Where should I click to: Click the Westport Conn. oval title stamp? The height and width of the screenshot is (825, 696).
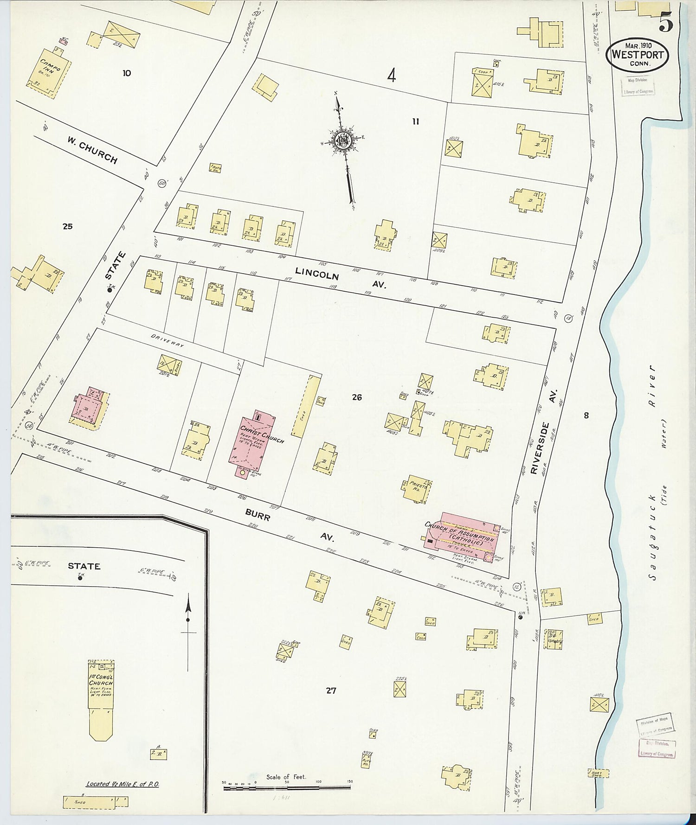click(x=637, y=55)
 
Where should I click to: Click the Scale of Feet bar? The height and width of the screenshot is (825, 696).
click(x=287, y=787)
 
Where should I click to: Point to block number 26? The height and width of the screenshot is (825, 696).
click(x=356, y=397)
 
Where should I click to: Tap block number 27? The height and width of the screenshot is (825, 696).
click(x=330, y=691)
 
